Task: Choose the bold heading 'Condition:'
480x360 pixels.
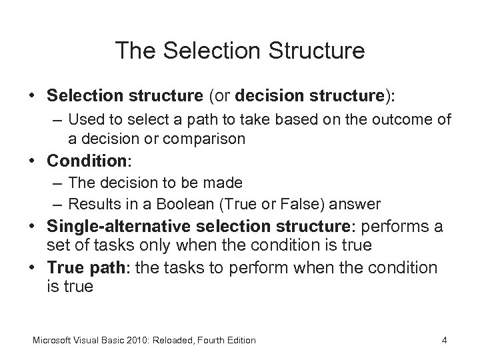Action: (x=81, y=162)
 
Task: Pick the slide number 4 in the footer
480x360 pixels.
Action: (x=444, y=340)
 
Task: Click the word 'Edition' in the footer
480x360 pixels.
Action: (x=239, y=340)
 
